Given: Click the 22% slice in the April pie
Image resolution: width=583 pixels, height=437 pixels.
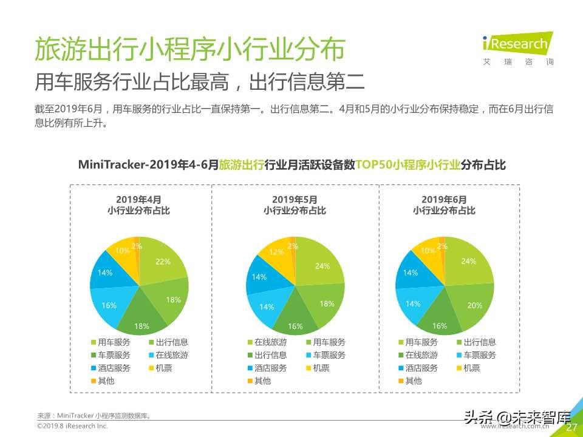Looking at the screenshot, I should coord(162,262).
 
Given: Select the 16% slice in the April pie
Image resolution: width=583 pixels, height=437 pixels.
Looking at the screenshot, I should coord(109,305).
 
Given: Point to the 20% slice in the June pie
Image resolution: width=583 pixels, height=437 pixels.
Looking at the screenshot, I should coord(474,305).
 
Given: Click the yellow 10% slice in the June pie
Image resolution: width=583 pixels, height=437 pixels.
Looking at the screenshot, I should coord(428,251).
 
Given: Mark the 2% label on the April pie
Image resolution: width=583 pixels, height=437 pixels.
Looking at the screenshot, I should coord(137,246).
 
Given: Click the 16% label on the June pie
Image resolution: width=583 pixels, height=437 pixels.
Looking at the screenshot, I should coord(440,325).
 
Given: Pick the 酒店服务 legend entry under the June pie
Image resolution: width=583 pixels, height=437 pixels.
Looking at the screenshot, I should coord(417,368).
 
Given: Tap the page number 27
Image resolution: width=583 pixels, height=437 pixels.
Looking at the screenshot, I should coord(571,427).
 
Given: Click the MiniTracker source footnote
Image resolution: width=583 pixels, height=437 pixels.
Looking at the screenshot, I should coord(94,416).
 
